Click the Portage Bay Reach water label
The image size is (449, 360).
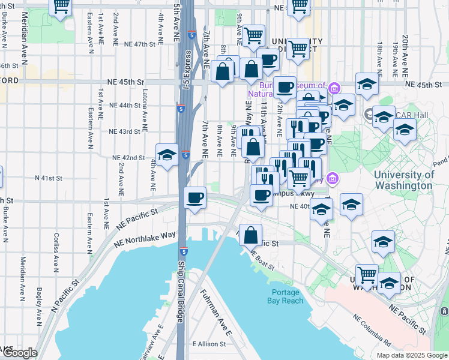point(284,296)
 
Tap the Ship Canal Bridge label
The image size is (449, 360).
point(180,291)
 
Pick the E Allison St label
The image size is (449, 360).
point(209,344)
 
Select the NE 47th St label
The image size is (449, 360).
point(136,44)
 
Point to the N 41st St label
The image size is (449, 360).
point(49,178)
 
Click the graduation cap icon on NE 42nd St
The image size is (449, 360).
point(167,155)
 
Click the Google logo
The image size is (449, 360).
point(19,353)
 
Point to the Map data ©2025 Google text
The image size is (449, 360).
point(412,355)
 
